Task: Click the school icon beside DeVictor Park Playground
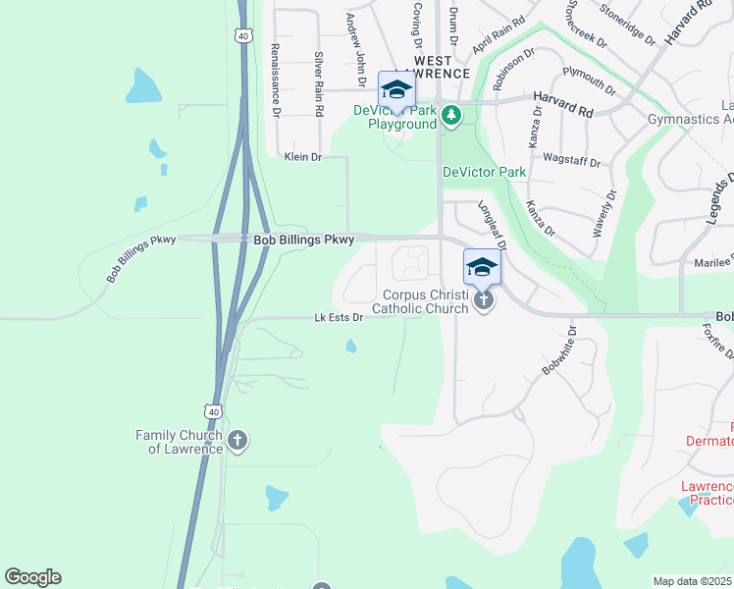(397, 90)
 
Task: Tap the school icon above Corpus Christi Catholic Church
(482, 268)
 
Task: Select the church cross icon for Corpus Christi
(483, 299)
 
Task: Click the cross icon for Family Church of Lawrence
(237, 441)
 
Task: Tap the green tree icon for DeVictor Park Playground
(450, 117)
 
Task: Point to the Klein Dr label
(302, 156)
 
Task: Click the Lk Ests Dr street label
(339, 317)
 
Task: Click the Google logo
(32, 577)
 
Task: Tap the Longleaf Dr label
(491, 225)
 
